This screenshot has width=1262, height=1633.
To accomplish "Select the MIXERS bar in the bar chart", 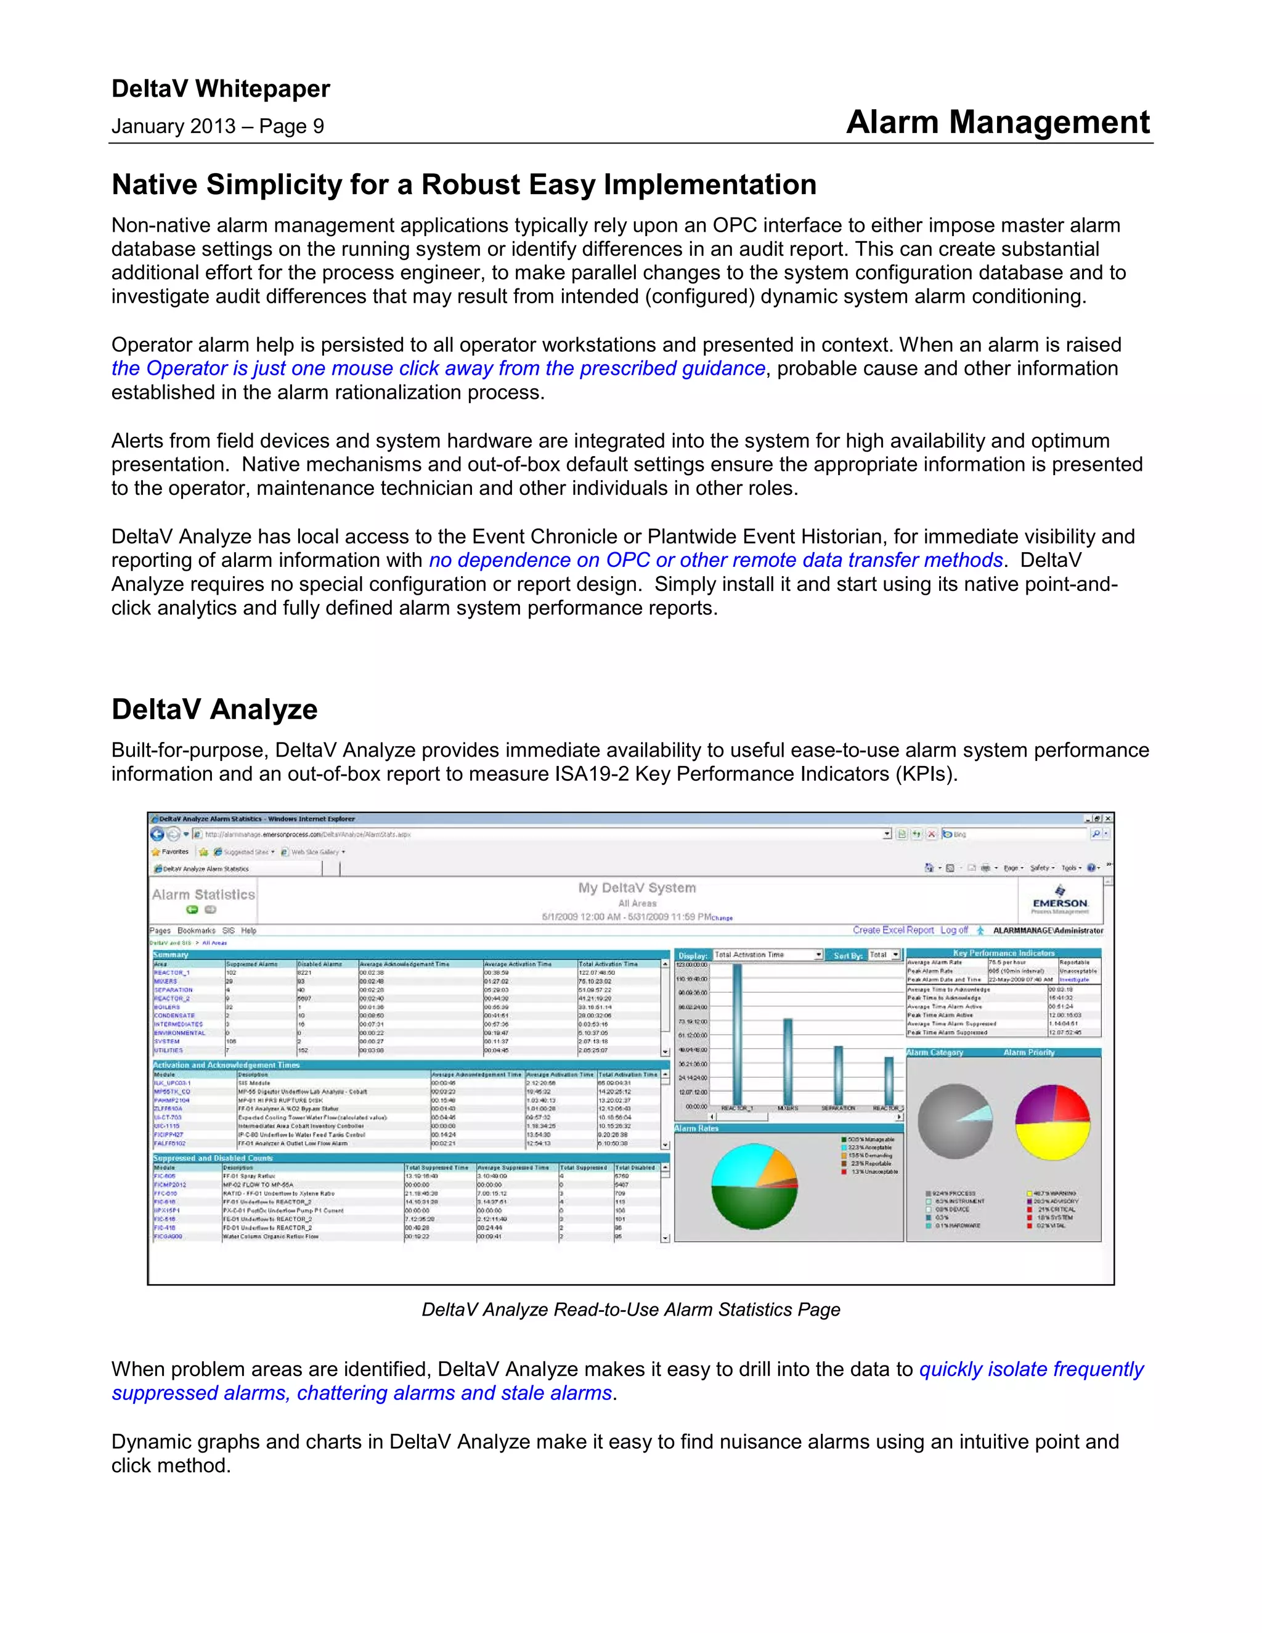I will point(788,1061).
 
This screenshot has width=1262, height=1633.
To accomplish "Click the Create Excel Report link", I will point(893,930).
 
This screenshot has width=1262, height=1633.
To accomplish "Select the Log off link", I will point(953,930).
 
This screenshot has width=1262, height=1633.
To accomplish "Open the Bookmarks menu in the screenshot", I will point(196,931).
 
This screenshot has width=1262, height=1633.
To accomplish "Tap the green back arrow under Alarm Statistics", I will point(192,910).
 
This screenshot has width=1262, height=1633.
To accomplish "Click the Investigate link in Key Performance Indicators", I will point(1073,980).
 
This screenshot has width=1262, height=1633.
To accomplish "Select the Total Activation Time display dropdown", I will point(767,955).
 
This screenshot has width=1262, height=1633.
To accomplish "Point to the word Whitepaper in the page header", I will point(263,89).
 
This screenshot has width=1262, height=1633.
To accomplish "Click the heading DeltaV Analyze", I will point(214,709).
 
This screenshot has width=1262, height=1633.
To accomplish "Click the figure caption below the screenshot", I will point(630,1309).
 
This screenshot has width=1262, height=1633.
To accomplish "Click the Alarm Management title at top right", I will point(998,122).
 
